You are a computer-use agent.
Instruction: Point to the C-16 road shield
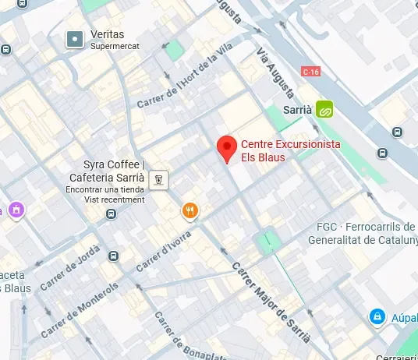click(311, 72)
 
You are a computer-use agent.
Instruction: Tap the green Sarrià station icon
click(324, 111)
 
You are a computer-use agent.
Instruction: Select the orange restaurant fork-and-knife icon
click(190, 210)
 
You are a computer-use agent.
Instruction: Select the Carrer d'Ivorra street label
click(165, 251)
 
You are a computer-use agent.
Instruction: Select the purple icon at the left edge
click(14, 210)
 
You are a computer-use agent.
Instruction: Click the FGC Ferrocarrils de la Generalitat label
click(363, 233)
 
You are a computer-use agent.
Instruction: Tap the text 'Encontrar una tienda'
click(105, 189)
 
